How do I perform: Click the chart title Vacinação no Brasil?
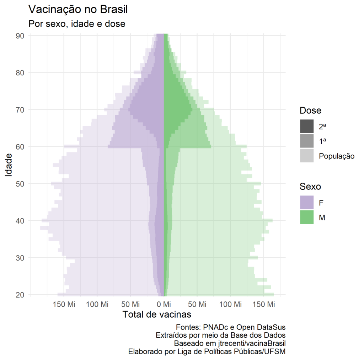[77, 10]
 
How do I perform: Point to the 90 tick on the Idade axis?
[20, 36]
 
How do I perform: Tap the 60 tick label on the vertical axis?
[20, 146]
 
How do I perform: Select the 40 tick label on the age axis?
[20, 221]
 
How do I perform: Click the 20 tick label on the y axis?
[20, 295]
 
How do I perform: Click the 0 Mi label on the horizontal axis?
[164, 305]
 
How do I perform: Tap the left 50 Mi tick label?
[130, 305]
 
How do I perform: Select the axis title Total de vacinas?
[157, 315]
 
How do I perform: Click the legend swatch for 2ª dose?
[307, 126]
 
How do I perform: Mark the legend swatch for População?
[307, 156]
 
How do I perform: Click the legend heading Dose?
[310, 111]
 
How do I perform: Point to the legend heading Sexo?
[310, 187]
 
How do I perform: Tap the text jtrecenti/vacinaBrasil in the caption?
[251, 343]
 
